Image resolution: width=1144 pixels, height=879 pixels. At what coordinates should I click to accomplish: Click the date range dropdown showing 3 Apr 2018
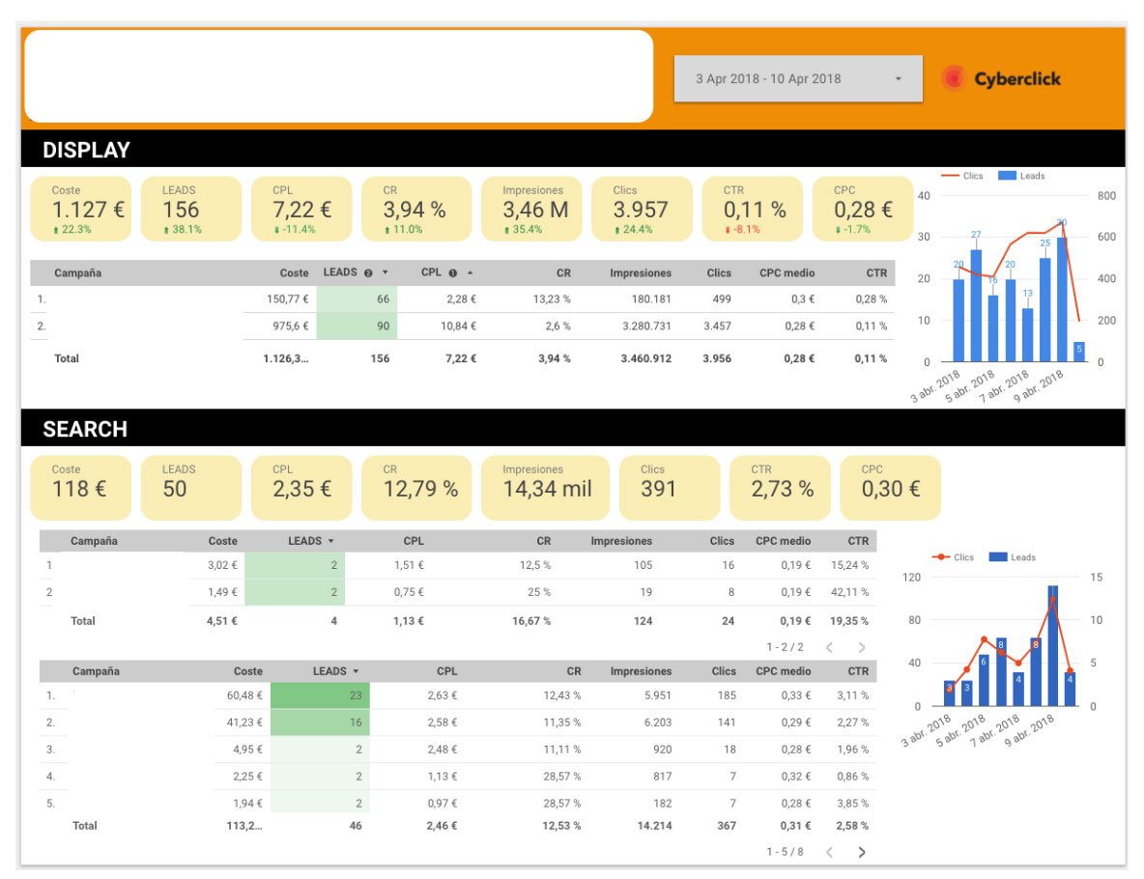click(x=798, y=79)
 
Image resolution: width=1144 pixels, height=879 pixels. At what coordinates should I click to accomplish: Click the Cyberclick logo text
click(x=1017, y=79)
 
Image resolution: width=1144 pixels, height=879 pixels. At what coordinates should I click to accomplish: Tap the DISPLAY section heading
click(x=86, y=150)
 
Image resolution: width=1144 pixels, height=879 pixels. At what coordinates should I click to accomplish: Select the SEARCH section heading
click(x=85, y=429)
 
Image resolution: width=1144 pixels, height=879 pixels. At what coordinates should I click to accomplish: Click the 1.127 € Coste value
click(x=88, y=210)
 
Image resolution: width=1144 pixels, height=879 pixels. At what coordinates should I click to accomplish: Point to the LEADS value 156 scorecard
click(x=190, y=209)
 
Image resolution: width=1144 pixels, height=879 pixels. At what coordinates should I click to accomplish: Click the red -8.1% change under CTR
click(x=743, y=229)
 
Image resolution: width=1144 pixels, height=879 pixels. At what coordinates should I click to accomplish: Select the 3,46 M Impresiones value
click(x=534, y=210)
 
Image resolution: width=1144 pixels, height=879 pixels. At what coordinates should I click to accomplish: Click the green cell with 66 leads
click(x=357, y=299)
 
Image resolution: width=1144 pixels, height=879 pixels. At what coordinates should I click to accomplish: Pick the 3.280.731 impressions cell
click(x=646, y=326)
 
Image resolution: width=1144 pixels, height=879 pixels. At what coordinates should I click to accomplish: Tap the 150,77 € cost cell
click(x=288, y=299)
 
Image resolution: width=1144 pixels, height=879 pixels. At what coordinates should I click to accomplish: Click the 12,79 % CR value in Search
click(x=421, y=489)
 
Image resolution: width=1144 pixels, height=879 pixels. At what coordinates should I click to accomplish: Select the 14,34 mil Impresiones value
click(x=547, y=489)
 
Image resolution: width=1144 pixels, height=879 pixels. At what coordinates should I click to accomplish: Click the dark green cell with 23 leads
click(x=320, y=695)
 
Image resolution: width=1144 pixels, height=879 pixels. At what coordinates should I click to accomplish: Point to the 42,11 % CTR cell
click(x=850, y=591)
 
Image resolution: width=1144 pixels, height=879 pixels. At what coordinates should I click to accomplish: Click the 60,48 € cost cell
click(x=244, y=695)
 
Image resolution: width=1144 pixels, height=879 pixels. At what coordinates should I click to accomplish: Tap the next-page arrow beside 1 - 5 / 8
click(x=862, y=852)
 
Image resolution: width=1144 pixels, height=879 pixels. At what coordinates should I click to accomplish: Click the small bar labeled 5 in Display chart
click(x=1079, y=352)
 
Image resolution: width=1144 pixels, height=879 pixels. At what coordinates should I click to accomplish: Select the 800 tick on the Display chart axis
click(x=1106, y=195)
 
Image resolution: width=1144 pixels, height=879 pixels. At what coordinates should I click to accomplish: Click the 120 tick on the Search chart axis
click(x=911, y=577)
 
